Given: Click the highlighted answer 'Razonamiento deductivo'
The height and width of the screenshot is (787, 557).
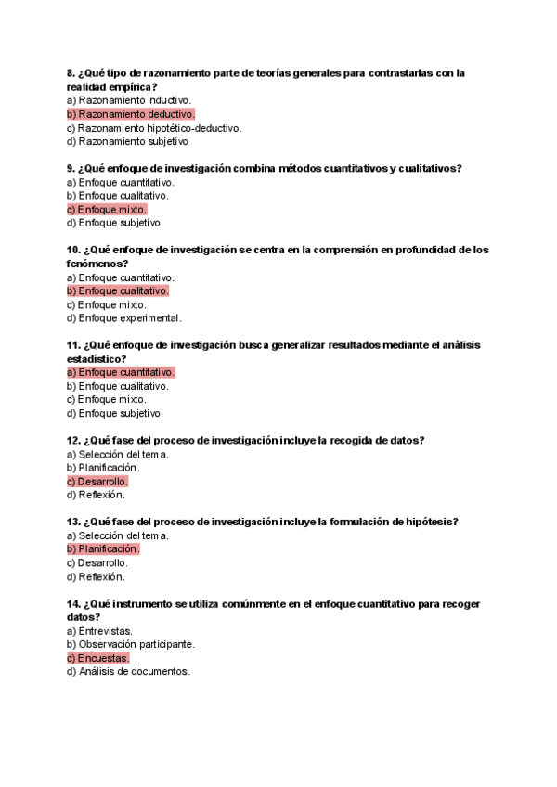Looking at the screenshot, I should click(x=131, y=114).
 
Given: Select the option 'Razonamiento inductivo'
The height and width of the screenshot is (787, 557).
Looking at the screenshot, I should click(x=129, y=100).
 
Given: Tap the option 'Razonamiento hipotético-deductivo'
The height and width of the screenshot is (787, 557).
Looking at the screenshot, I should click(x=154, y=128).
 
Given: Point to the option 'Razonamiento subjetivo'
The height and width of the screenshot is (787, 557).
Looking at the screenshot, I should click(x=128, y=142).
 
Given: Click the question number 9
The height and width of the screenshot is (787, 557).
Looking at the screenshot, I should click(x=71, y=168).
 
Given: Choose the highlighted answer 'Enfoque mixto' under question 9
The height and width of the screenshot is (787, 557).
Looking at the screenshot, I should click(x=107, y=210).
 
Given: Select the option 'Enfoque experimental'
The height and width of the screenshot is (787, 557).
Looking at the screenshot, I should click(x=124, y=318).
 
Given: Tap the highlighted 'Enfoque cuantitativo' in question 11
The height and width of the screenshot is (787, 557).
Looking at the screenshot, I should click(x=121, y=372).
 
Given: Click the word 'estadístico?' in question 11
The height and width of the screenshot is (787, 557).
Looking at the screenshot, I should click(x=97, y=359).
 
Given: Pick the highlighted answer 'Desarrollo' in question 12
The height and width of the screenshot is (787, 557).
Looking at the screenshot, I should click(x=97, y=482).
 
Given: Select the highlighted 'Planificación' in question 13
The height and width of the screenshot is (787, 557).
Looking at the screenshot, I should click(x=103, y=549).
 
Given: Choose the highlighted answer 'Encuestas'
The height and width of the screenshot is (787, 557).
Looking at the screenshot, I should click(x=98, y=658).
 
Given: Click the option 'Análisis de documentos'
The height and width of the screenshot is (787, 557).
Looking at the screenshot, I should click(x=128, y=672).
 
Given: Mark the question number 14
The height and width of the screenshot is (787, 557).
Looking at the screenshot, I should click(x=73, y=604).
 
